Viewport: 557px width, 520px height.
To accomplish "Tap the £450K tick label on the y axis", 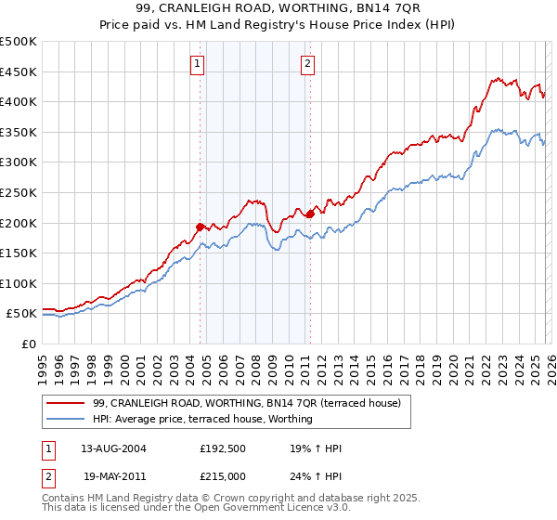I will pyautogui.click(x=19, y=71).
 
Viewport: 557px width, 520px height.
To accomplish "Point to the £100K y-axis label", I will pyautogui.click(x=19, y=283).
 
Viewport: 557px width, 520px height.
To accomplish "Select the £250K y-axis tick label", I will pyautogui.click(x=19, y=192).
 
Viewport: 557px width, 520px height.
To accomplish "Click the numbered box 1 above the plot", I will pyautogui.click(x=199, y=64).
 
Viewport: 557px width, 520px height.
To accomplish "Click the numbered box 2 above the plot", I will pyautogui.click(x=307, y=64).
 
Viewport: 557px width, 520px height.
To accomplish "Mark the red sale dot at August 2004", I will pyautogui.click(x=200, y=227).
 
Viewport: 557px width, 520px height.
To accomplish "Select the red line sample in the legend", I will pyautogui.click(x=66, y=403).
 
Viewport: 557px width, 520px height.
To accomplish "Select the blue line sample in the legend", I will pyautogui.click(x=66, y=419).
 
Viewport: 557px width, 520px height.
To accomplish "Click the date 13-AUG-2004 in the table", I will pyautogui.click(x=113, y=449).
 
